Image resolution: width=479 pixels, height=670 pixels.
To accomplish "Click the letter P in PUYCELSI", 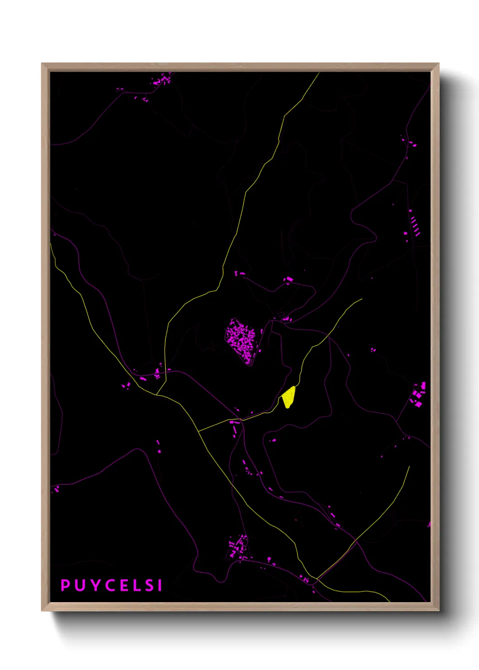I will (65, 585).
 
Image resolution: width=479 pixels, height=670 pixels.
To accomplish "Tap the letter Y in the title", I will (95, 585).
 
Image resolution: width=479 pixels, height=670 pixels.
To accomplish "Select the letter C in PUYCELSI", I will (110, 585).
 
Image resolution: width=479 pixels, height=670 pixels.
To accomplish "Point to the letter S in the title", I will (148, 585).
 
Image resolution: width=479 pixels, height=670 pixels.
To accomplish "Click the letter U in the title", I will (80, 585).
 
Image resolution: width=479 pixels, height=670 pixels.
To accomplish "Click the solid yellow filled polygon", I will (288, 397).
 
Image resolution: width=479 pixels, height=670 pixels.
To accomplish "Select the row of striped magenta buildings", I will (414, 225).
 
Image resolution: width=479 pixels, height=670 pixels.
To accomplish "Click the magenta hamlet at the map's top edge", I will (162, 80).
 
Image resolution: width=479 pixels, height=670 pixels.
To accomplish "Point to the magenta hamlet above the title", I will (238, 547).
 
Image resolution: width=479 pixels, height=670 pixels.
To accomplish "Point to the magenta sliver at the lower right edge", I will (429, 524).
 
